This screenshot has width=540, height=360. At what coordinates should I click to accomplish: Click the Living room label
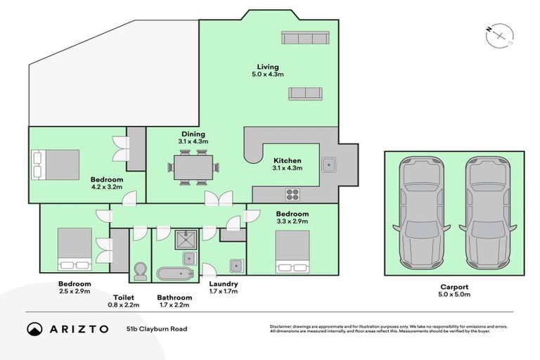pyautogui.click(x=262, y=67)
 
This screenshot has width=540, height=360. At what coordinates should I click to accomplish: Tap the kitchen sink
pyautogui.click(x=328, y=165)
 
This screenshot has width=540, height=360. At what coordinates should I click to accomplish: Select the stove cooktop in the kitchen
pyautogui.click(x=292, y=194)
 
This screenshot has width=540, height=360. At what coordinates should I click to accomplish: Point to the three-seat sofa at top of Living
pyautogui.click(x=302, y=38)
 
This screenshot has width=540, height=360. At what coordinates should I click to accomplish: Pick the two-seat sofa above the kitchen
pyautogui.click(x=305, y=94)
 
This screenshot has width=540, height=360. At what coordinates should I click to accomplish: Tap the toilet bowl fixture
pyautogui.click(x=140, y=270)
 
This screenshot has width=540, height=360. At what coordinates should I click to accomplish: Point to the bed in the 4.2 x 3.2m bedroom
pyautogui.click(x=56, y=165)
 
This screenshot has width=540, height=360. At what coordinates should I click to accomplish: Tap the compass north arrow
pyautogui.click(x=500, y=34)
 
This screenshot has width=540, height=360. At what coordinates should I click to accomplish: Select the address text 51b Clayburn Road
pyautogui.click(x=157, y=328)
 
